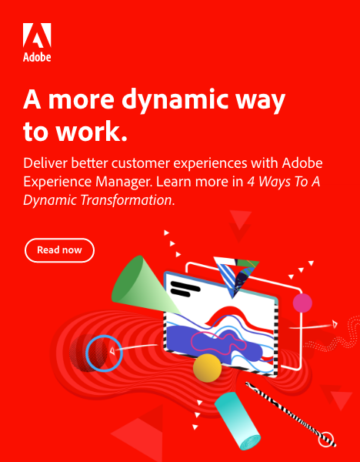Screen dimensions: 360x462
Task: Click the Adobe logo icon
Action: coord(37,35)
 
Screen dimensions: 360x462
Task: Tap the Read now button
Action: coord(59,250)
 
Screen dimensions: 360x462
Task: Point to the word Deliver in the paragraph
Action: coord(45,163)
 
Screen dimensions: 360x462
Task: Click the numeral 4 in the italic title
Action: coord(251,182)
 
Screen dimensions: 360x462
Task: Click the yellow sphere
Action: coord(207,368)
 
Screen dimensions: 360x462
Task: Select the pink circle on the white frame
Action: coord(302,303)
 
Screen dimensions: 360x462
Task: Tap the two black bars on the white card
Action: coord(185,289)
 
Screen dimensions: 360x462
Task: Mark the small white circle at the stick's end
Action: coord(326,440)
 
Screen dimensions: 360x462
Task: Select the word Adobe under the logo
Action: coord(37,57)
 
